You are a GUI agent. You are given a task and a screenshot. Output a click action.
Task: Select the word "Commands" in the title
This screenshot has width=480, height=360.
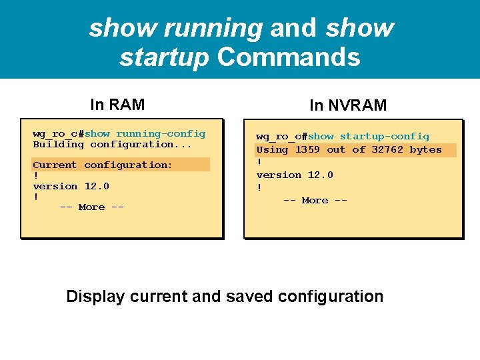coord(289,57)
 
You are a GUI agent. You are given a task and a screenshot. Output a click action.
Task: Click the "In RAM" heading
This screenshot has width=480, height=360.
coord(117,105)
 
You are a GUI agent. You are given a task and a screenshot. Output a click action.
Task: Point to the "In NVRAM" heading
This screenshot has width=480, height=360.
coord(347,105)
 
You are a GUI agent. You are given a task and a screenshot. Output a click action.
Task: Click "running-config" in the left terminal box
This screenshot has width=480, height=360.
coord(161,133)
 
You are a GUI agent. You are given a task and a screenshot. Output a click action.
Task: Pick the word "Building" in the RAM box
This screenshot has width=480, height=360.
coord(59,144)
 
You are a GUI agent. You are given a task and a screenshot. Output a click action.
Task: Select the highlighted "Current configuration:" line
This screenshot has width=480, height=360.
coord(103,165)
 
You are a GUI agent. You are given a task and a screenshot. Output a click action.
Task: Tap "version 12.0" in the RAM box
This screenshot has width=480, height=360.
coord(71,186)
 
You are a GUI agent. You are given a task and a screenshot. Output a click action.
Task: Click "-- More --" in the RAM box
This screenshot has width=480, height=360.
coord(92,207)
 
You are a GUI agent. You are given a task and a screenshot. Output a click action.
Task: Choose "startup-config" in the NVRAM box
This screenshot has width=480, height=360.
coord(385,137)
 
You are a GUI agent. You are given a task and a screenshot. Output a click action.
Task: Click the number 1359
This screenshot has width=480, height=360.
coord(307,150)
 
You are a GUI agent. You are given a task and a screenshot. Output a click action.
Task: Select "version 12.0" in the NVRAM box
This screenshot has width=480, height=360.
coord(295,175)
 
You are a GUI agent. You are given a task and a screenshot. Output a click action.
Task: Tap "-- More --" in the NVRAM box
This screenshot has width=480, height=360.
coord(315,200)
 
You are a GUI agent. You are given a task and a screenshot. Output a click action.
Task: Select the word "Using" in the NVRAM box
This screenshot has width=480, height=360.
coord(272,150)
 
